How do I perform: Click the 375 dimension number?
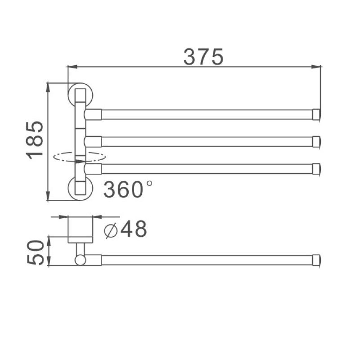click(203, 57)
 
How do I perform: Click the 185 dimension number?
click(36, 139)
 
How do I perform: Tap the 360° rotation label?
click(128, 189)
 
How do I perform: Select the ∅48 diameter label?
click(126, 230)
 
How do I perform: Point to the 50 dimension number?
click(36, 252)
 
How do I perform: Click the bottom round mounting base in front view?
click(80, 189)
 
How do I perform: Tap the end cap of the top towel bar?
click(317, 114)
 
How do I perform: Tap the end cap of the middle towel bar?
click(317, 141)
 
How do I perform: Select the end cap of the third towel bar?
click(317, 168)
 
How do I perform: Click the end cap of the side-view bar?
click(317, 260)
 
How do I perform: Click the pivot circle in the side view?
click(80, 260)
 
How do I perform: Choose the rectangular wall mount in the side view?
click(80, 230)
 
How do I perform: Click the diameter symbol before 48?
click(111, 231)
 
